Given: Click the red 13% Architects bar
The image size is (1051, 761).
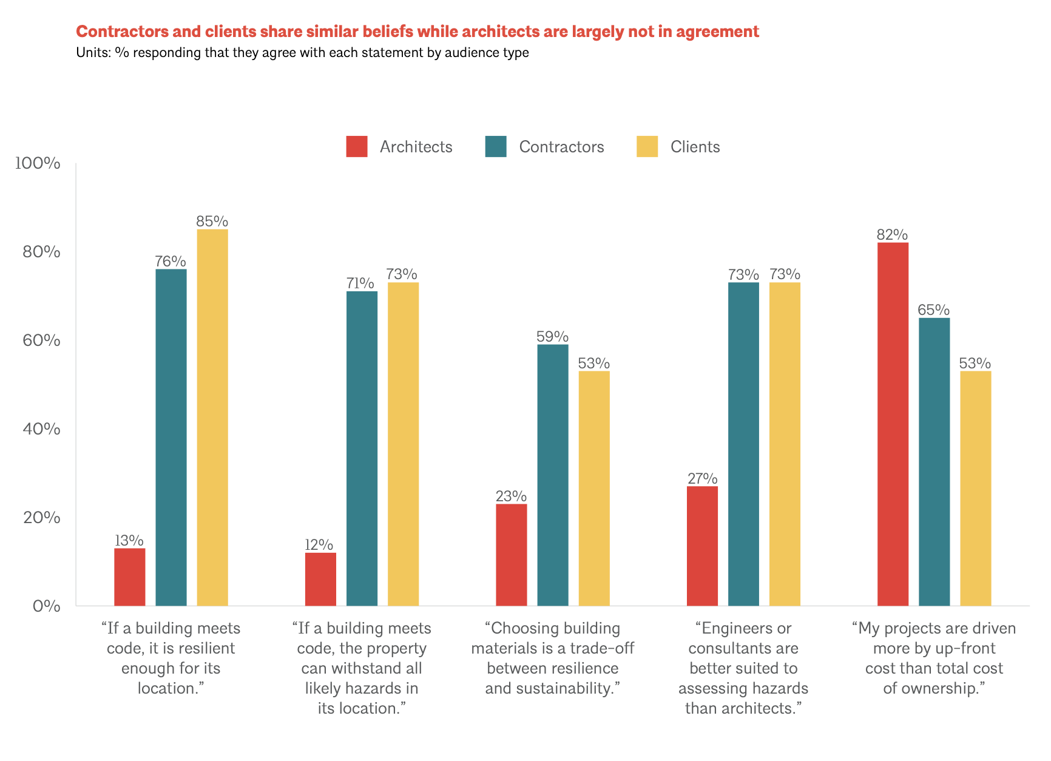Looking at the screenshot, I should pos(130,577).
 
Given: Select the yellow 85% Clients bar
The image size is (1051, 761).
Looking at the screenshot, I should pos(212,418).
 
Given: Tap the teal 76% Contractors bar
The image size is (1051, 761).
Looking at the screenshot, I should pos(171,437).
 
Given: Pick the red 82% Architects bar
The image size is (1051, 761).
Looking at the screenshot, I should pos(893,424).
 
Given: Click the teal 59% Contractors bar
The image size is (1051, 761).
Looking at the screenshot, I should pos(553,475).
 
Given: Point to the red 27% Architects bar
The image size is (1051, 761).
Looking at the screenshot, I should pos(702,546).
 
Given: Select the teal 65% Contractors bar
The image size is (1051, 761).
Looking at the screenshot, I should pos(934,461).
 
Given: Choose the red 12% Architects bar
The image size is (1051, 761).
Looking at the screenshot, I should pos(320,579).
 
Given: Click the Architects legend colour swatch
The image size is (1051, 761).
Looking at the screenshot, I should pos(357,147).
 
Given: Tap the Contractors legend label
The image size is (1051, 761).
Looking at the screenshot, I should pos(561,147).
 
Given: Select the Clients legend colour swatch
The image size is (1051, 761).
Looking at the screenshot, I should pos(647,147).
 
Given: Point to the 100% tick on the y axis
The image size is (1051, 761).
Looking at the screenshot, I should pos(38,163).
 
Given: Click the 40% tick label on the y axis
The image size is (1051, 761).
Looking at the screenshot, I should pos(41,429).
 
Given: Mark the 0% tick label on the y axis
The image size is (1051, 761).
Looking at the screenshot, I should pos(46,606).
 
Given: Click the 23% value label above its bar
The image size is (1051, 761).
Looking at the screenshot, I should pos(511,496).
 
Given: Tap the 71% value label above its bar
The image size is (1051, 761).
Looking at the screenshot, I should pos(360,283).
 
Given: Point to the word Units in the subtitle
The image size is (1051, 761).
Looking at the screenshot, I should pos(91,53).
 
